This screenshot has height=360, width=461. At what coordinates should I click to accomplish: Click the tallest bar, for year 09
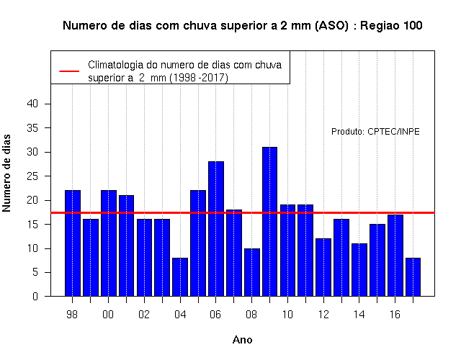pos(269,222)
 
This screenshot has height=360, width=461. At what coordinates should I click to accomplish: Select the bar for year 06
pos(216,229)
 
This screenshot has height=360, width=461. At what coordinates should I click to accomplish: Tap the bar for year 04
pos(180,276)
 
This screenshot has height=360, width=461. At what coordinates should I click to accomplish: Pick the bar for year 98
pos(73,243)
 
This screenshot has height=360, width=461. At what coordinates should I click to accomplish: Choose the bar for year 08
pos(252,272)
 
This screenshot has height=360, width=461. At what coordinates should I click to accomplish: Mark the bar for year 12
pos(323,267)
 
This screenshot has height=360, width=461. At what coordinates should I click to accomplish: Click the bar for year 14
pos(359,270)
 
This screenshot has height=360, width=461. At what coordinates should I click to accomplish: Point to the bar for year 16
pos(395,256)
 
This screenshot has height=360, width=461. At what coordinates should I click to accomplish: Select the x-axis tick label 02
pos(144,315)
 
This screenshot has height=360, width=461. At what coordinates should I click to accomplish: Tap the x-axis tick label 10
pos(287,315)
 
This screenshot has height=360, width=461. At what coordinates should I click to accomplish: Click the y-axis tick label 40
pos(32,104)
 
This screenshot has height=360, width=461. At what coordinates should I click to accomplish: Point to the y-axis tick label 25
pos(32,176)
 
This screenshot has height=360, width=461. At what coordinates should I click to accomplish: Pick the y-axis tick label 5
pos(35,272)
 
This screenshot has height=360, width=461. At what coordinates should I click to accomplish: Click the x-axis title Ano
pos(242,340)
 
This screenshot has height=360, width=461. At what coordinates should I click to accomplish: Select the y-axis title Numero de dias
pos(6,173)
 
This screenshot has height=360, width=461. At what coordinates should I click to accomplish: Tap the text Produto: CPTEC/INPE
pos(375,131)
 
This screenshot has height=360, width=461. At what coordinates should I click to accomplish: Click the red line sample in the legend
pos(69,71)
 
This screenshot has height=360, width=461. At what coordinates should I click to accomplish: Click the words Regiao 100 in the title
pos(391,26)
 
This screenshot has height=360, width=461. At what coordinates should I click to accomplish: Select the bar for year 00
pos(109,243)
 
